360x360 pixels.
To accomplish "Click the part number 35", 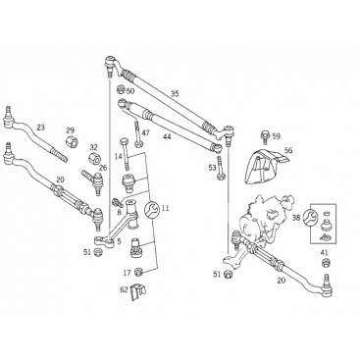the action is [175, 94].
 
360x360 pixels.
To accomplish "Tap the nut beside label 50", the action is [121, 89].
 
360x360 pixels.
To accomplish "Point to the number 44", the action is [167, 136].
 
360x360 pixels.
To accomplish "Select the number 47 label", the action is [145, 132].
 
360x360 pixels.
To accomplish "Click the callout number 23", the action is [40, 128].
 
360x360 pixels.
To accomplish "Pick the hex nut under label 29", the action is [70, 142].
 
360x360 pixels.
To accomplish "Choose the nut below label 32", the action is [94, 159].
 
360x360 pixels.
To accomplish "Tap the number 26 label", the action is [103, 169].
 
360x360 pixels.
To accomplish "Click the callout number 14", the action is [119, 156].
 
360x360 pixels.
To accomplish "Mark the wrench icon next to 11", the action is [152, 209].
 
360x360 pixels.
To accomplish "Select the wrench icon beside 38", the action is [311, 217].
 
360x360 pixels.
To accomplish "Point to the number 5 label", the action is [119, 241].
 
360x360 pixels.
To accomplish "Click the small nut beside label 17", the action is [137, 272].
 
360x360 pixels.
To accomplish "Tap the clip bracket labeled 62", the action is [137, 291].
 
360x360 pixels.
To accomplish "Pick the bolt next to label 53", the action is [220, 168].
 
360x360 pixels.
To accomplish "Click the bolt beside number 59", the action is [265, 137].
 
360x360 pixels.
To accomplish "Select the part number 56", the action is [288, 150].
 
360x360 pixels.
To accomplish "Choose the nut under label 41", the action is [326, 262].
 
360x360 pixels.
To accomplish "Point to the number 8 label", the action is [119, 212].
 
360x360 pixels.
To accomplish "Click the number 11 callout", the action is [165, 208].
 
